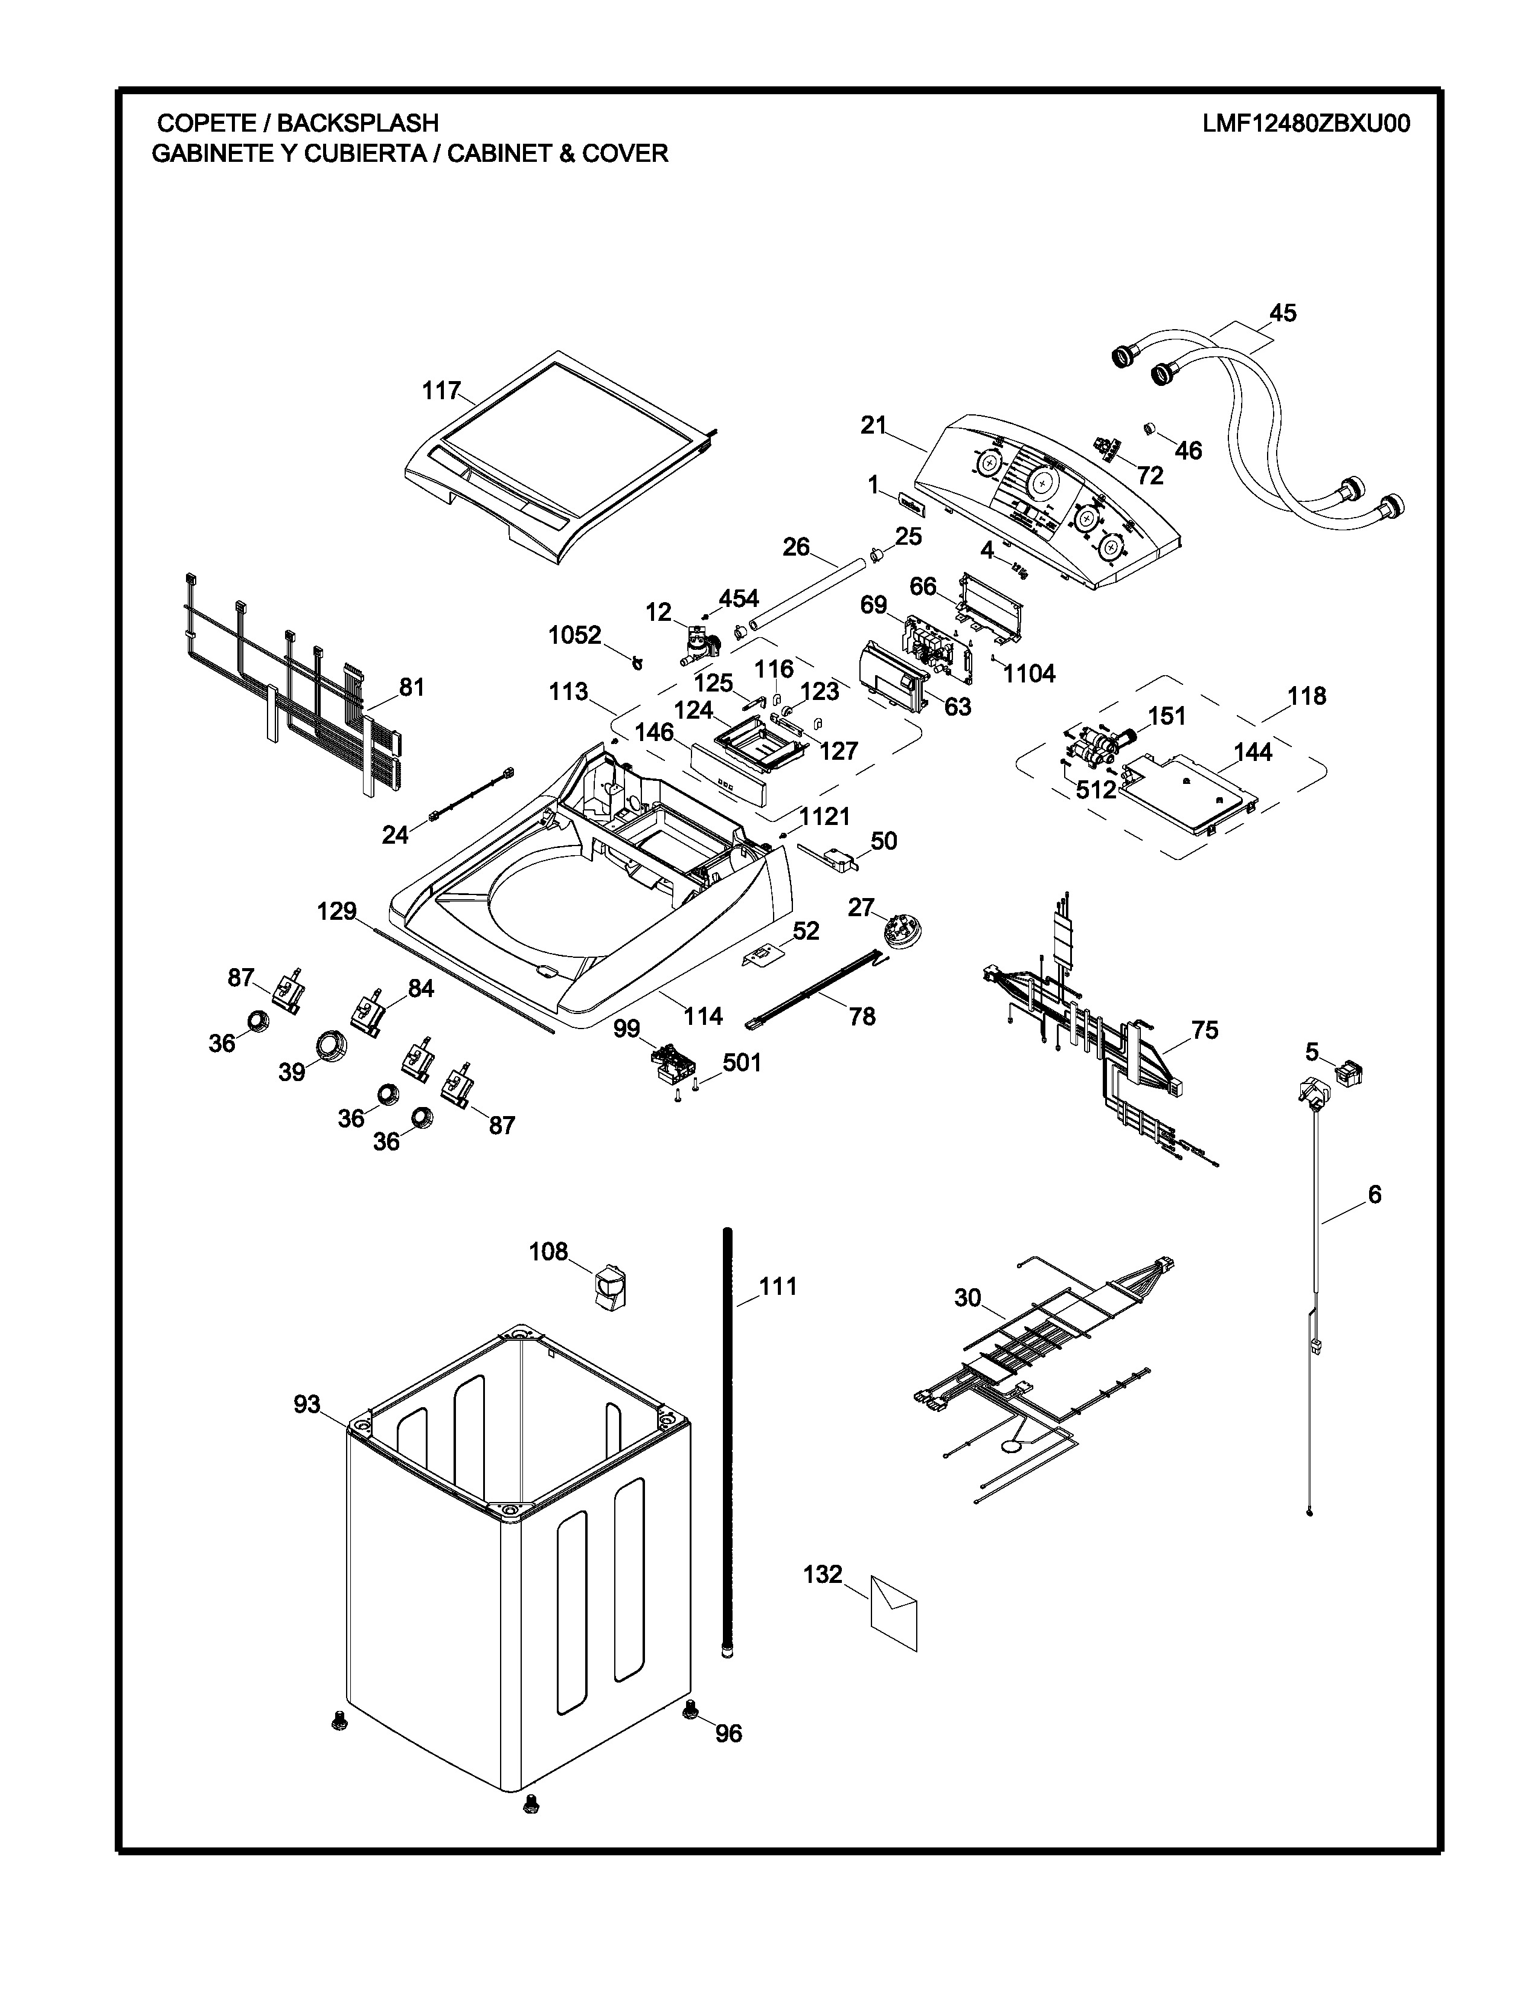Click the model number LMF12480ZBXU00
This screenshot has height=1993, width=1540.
point(1306,123)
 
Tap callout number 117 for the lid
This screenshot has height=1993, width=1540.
point(441,391)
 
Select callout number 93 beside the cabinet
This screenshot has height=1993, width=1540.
point(307,1404)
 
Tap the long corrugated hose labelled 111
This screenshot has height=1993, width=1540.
point(728,1442)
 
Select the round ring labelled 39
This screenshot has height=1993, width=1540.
point(330,1044)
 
